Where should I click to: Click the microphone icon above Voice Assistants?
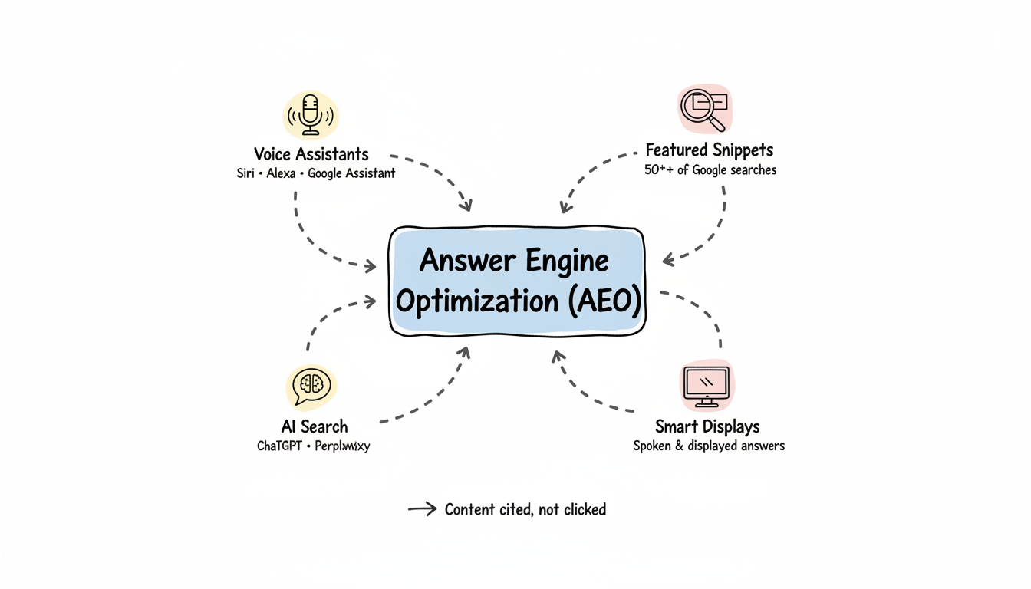[x=310, y=115]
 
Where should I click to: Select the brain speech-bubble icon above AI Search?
[x=311, y=386]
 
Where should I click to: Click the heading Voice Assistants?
[x=311, y=154]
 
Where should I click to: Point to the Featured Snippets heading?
[x=709, y=150]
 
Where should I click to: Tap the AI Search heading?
[x=315, y=426]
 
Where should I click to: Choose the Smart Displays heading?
[x=707, y=426]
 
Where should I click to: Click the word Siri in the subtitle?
[x=246, y=173]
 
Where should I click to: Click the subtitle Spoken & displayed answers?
[x=709, y=446]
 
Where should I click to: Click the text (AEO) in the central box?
[x=603, y=301]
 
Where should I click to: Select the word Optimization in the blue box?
[x=477, y=301]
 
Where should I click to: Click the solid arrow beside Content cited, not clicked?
[x=422, y=508]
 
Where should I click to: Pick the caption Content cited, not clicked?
[x=525, y=509]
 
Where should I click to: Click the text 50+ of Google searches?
[x=710, y=169]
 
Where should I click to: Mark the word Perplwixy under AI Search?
[x=342, y=446]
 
